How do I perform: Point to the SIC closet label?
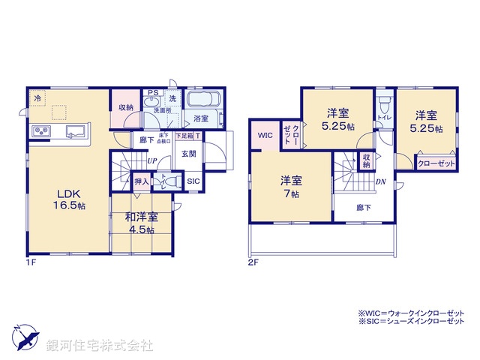coord(193,181)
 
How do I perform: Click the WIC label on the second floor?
coord(265,136)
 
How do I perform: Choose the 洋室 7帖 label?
coord(291,186)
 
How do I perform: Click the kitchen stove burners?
coord(40,133)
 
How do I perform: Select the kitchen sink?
coord(75,133)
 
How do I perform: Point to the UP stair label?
coord(151,160)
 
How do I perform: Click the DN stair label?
coord(380,181)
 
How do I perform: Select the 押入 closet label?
coord(141,181)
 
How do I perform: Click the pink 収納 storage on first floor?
coord(125,107)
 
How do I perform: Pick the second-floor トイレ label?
coord(382,118)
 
